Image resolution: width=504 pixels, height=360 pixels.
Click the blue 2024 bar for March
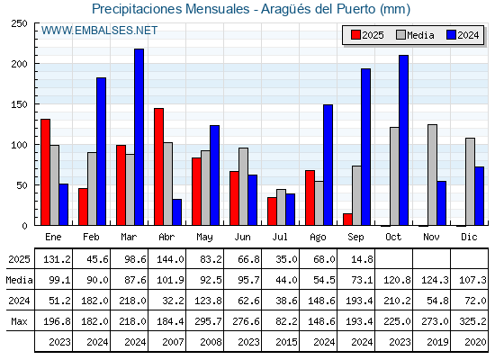139,137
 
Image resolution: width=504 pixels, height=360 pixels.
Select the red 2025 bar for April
158,166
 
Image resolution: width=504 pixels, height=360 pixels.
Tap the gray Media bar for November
432,175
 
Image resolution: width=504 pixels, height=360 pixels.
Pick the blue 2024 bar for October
404,140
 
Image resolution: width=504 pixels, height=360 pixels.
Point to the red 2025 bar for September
347,220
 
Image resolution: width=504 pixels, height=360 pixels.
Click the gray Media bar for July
281,207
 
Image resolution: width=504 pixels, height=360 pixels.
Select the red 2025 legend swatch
355,35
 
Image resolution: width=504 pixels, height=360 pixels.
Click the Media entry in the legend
415,35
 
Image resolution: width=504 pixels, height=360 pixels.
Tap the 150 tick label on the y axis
19,104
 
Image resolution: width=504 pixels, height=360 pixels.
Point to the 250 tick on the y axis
19,23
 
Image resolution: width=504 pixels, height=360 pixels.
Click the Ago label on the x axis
318,238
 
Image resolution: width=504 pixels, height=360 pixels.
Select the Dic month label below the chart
469,237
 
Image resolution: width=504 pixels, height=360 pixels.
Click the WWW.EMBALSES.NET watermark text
99,31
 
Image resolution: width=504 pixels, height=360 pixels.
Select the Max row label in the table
19,321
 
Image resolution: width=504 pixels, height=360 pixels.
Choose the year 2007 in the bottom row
173,342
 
